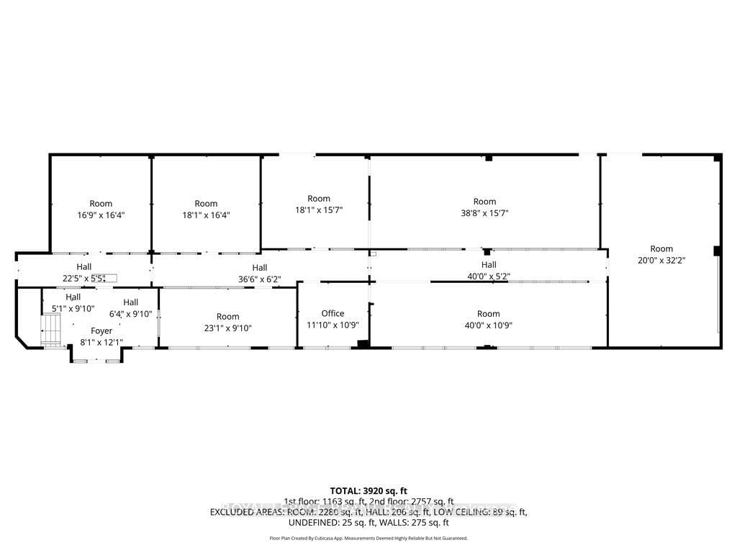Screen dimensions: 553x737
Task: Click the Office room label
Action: click(x=333, y=313)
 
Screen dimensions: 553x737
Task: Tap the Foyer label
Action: click(x=101, y=331)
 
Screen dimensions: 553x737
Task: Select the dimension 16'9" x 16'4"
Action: click(x=101, y=215)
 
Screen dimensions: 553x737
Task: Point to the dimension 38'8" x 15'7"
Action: click(x=484, y=212)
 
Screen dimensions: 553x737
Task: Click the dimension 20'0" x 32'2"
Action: click(x=661, y=261)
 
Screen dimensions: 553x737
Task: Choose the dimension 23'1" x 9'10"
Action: click(x=227, y=328)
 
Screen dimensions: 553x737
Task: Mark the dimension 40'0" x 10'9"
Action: click(x=488, y=325)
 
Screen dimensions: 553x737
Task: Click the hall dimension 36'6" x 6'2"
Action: click(x=260, y=279)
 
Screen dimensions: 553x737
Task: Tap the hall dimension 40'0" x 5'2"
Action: click(x=489, y=276)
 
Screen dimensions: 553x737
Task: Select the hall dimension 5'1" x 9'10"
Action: click(x=73, y=308)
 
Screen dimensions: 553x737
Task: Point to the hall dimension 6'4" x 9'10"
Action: click(x=130, y=313)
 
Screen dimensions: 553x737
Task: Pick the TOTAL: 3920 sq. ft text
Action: click(x=368, y=490)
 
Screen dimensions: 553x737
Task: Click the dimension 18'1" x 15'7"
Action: click(x=318, y=210)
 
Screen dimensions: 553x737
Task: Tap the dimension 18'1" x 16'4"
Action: click(x=206, y=215)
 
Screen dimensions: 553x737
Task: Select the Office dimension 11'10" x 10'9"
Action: click(x=333, y=325)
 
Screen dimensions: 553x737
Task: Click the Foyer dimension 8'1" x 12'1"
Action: click(x=101, y=342)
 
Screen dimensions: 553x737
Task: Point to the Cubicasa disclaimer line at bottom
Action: click(x=368, y=538)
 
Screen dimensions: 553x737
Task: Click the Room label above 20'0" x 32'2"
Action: click(x=661, y=249)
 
